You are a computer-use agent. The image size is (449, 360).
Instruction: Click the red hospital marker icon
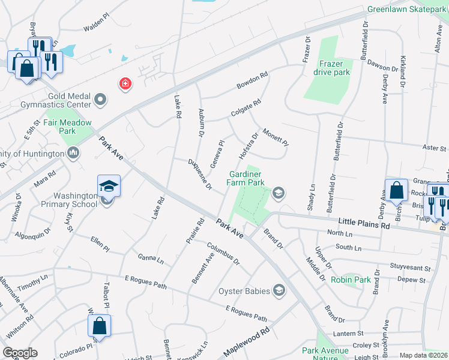point(125,83)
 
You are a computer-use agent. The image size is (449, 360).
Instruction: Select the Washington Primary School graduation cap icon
point(109,185)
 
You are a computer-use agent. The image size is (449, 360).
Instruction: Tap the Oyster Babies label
point(246,292)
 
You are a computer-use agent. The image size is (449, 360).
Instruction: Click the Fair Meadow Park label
point(70,127)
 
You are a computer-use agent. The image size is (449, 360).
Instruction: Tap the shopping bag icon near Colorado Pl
point(99,326)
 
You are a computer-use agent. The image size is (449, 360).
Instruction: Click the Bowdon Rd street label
point(252,80)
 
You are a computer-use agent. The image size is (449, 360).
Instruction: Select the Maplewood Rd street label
point(246,342)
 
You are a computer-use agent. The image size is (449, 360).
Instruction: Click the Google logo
point(20,353)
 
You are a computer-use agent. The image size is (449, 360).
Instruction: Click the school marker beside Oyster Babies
point(279,291)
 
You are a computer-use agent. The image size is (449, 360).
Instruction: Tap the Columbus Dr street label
point(223,253)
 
